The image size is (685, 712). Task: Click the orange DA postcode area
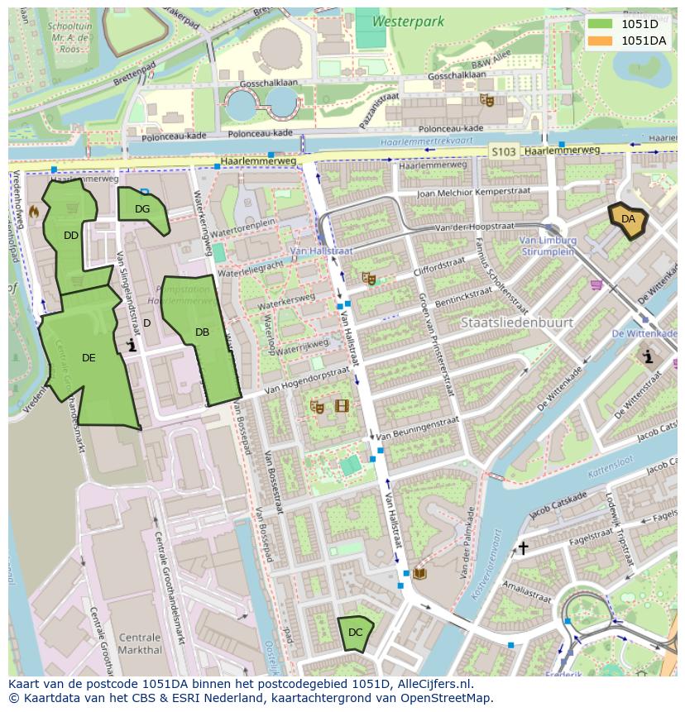coord(628,220)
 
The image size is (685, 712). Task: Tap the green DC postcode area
coord(356,633)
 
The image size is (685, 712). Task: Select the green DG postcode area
coord(141,208)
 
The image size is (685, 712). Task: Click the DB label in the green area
coord(202,332)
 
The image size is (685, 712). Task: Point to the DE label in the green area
coord(89,358)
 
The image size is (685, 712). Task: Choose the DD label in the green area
coord(71,236)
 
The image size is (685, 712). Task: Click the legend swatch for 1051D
coord(601,24)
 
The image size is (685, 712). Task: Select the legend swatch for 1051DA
coord(601,40)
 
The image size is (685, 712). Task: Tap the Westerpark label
coord(408,22)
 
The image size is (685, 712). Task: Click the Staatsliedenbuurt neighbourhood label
coord(517,323)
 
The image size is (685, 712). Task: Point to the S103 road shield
coord(502,151)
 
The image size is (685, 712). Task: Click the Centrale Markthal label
coord(140,643)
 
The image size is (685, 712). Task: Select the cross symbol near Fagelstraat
coord(523,547)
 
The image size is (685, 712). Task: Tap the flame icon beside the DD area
coord(34,212)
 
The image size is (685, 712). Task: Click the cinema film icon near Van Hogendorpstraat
coord(342,406)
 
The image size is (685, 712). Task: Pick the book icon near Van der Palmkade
coord(420,573)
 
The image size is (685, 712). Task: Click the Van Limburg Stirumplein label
coord(547,246)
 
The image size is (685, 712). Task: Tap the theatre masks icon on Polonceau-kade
coord(487,100)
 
